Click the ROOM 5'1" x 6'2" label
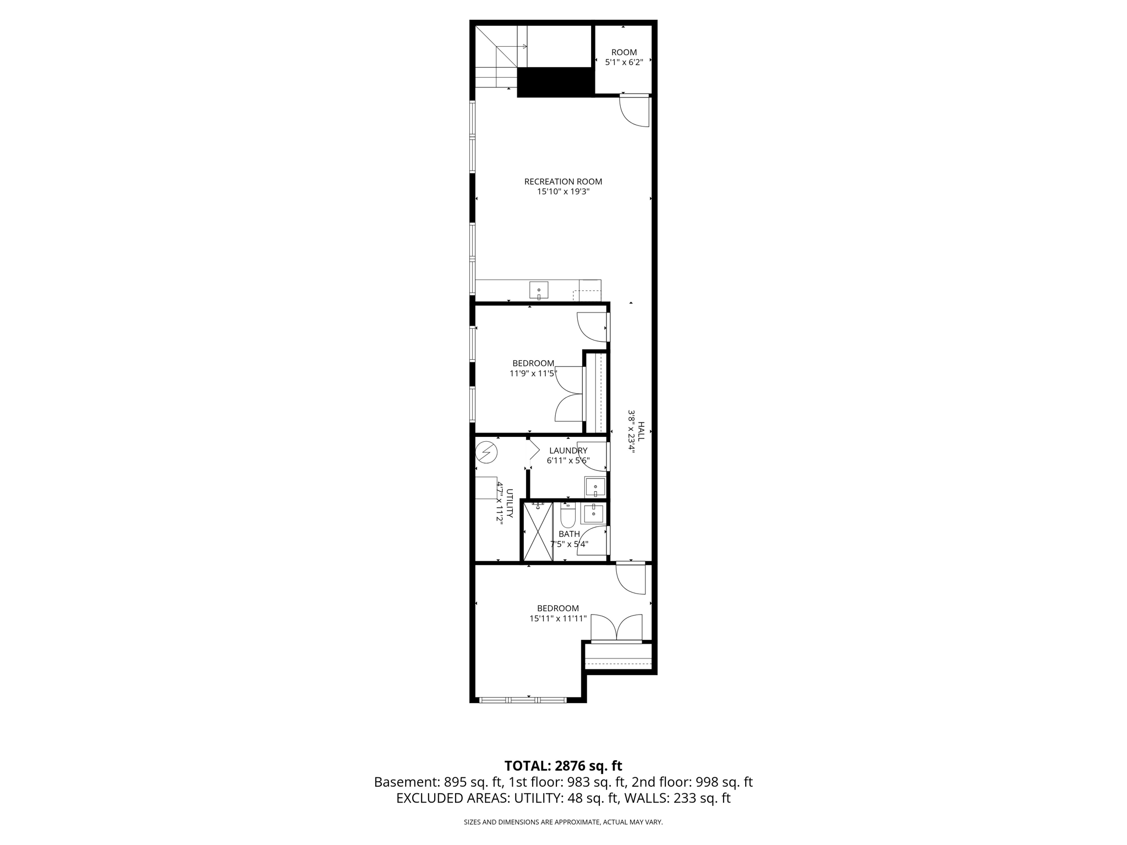tap(623, 57)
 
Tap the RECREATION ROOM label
tap(563, 182)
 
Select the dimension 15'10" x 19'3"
tap(563, 192)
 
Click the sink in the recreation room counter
tap(539, 290)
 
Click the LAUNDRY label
tap(568, 451)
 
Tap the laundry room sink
tap(595, 487)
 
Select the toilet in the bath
tap(567, 515)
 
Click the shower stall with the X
tap(537, 532)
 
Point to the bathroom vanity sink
tap(594, 513)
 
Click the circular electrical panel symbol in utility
tap(486, 452)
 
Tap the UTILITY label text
tap(510, 503)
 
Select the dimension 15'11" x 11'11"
tap(558, 618)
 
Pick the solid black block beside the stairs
tap(555, 83)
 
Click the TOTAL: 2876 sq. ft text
tap(563, 766)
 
